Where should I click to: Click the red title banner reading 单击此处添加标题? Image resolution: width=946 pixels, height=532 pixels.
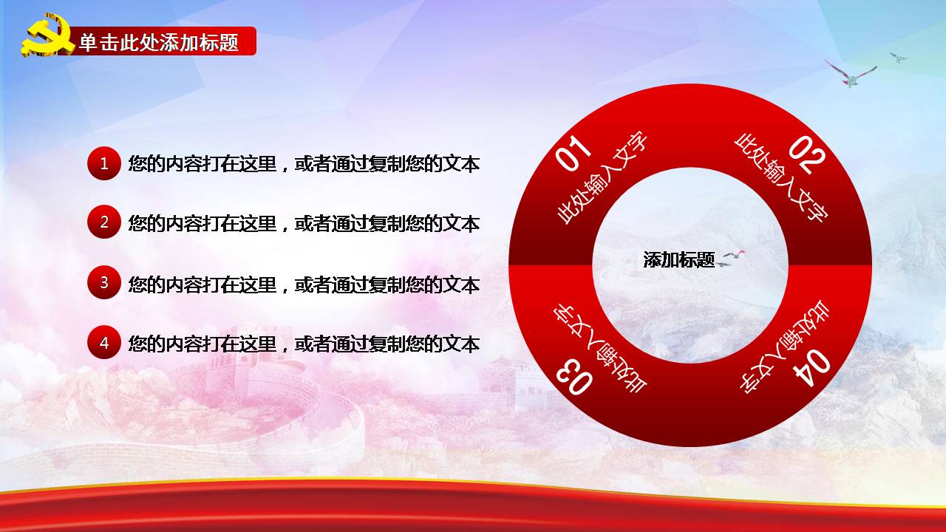160,41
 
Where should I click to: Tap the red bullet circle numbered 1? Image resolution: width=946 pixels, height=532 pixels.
104,163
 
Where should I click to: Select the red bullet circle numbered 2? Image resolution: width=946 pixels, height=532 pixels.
104,222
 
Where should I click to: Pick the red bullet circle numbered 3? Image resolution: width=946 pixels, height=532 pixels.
104,282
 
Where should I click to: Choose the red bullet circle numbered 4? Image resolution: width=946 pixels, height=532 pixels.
104,342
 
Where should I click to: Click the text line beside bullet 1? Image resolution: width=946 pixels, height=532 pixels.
304,164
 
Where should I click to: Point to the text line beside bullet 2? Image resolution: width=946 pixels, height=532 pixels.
304,223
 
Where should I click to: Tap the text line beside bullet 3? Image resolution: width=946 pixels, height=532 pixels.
304,284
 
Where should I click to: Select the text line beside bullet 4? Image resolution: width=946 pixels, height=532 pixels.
304,344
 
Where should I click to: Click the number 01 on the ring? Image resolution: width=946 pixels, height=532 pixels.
573,153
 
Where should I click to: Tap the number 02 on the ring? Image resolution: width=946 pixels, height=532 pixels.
807,154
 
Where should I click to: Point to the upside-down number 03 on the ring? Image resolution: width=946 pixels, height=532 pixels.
574,378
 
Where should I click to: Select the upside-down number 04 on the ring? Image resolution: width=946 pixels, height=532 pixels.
811,367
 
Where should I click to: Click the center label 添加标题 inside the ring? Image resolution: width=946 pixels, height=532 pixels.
678,259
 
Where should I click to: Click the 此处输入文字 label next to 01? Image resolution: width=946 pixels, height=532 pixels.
602,177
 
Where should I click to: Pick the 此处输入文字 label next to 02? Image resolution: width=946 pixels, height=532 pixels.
781,178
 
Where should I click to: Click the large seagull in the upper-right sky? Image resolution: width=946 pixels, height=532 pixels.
850,74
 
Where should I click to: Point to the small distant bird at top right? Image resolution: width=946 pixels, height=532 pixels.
897,58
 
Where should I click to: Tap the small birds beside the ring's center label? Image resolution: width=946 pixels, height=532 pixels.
731,259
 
